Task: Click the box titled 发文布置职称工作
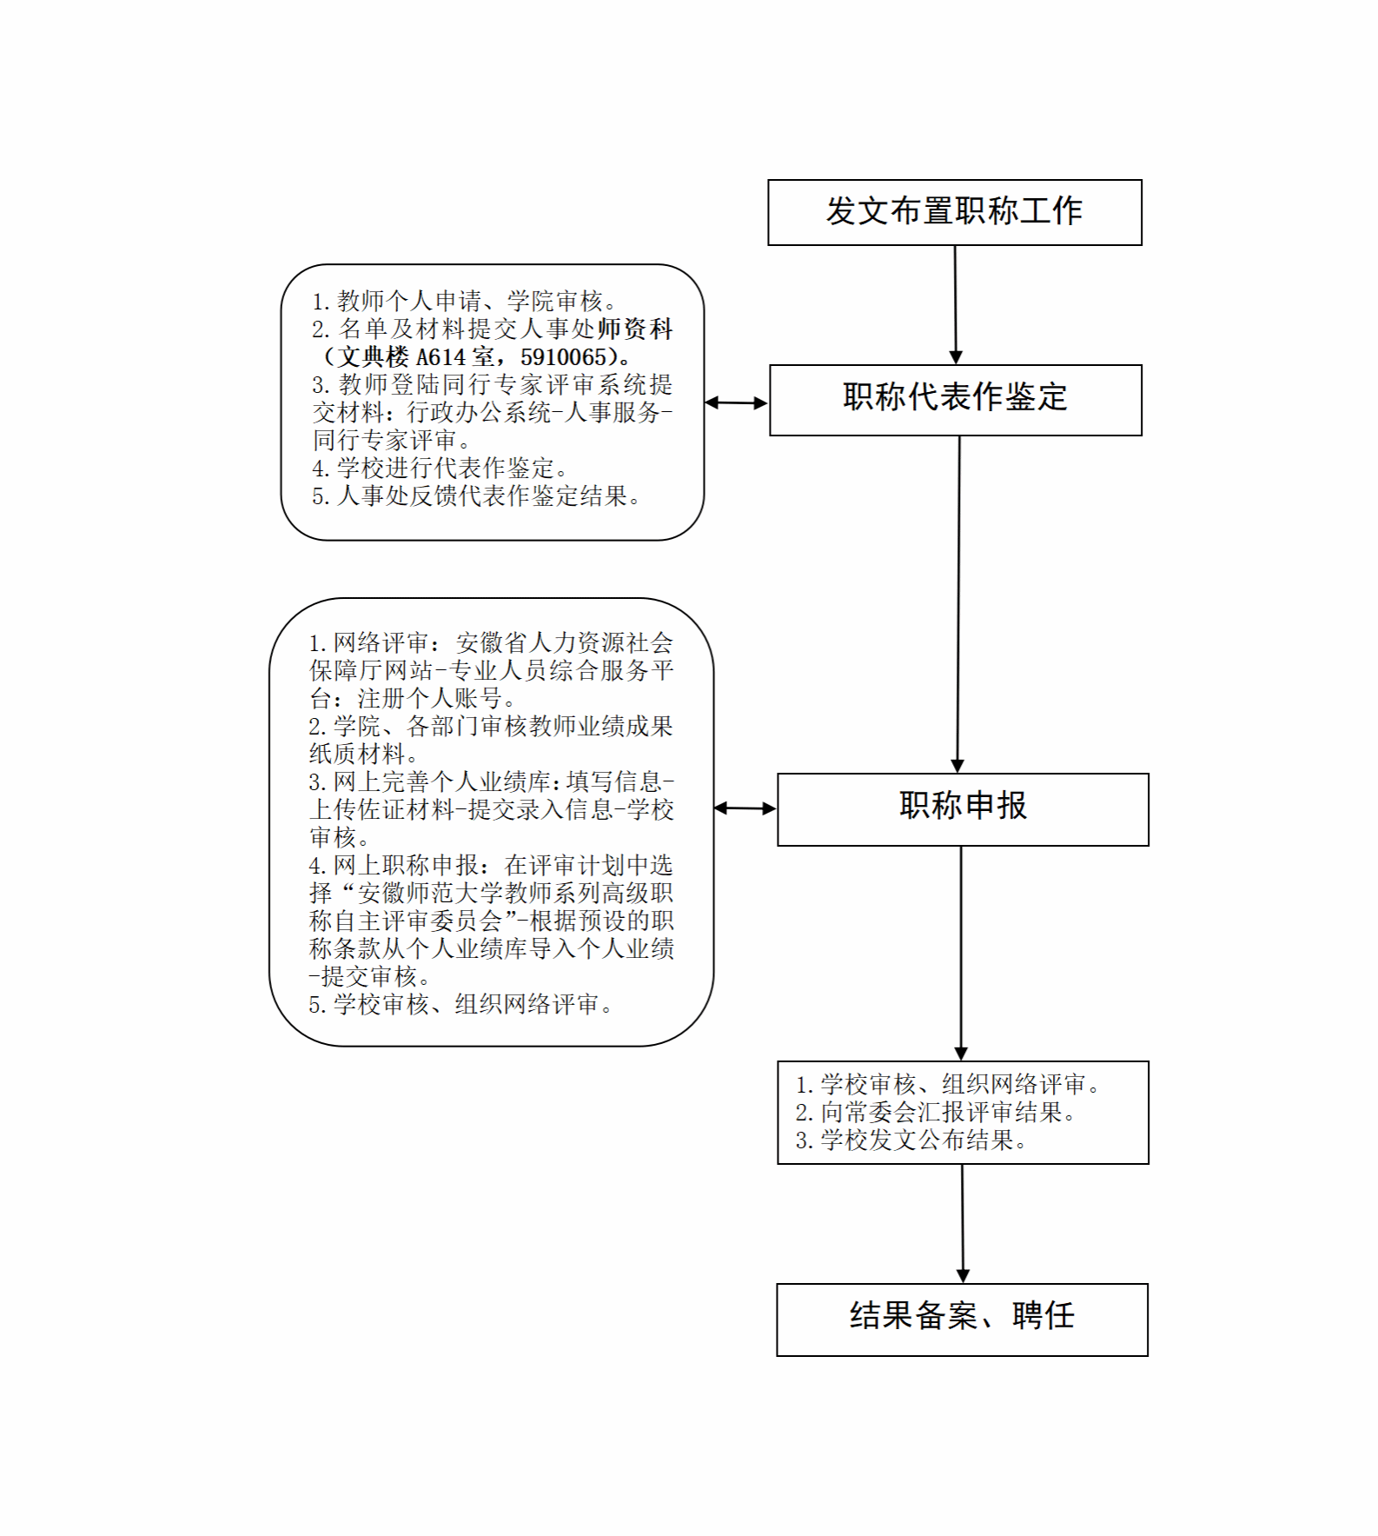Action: pos(954,212)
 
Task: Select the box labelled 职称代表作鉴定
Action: pos(955,400)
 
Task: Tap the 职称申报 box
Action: pos(963,809)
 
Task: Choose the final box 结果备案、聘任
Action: pos(962,1320)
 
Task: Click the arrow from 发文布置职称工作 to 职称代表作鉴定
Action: pos(955,305)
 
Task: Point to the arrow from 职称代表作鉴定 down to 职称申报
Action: pos(958,604)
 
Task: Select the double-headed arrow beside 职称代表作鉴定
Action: pos(736,402)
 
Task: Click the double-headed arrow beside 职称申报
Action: pos(745,808)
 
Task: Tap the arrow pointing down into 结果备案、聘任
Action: pos(962,1224)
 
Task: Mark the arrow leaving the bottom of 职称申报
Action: pos(961,954)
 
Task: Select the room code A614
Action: pos(441,357)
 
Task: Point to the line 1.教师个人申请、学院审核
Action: pos(465,302)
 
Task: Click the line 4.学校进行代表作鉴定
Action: pos(440,469)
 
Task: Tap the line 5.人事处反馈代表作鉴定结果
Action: pos(476,496)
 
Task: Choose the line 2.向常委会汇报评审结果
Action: pos(936,1113)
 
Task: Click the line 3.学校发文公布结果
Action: pos(911,1140)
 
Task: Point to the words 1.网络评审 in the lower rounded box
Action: pos(368,643)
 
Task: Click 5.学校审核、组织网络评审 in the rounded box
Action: pos(460,1005)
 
